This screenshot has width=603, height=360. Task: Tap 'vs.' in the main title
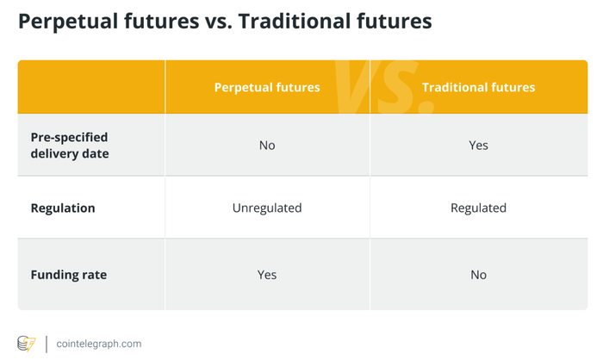tap(219, 22)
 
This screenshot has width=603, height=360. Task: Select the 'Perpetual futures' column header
tap(267, 87)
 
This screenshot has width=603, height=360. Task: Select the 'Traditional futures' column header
tap(478, 87)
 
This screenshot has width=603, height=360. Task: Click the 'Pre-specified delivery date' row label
tap(70, 146)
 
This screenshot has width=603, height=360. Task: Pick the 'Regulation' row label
tap(63, 208)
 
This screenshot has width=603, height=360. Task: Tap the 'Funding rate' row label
tap(69, 275)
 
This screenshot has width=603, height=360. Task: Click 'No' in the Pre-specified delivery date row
tap(267, 146)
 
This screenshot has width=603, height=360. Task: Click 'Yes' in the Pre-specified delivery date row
tap(478, 146)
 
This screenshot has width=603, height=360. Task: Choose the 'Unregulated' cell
tap(267, 208)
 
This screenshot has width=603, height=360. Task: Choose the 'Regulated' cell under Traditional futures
tap(478, 208)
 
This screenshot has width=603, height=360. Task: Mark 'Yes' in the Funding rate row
tap(267, 275)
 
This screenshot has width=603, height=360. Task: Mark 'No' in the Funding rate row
tap(478, 275)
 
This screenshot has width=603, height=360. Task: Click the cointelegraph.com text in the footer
tap(99, 344)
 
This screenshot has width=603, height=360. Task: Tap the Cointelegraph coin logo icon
tap(26, 344)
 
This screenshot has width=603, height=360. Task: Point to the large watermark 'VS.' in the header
tap(384, 87)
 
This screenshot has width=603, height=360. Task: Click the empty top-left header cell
tap(91, 87)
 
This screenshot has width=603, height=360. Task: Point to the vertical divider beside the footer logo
tap(47, 344)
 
